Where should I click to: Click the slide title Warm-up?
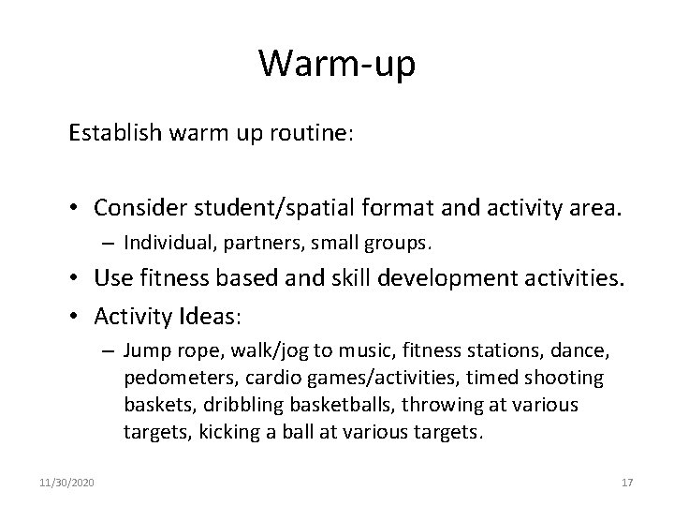coord(336,64)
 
